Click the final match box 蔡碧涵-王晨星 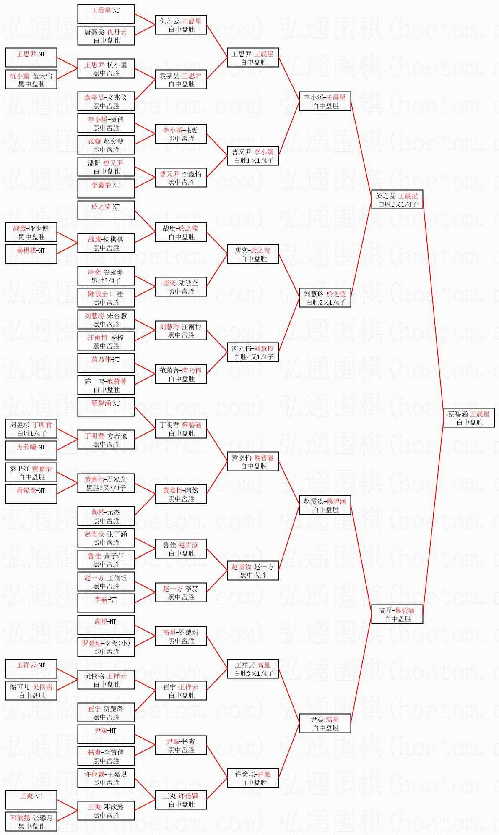coord(469,418)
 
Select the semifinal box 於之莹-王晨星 coord(397,199)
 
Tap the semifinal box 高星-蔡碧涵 coord(397,614)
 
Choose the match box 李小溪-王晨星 coord(325,101)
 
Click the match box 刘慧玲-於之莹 coord(325,298)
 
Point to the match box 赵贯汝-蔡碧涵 coord(325,505)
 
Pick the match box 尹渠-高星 coord(325,723)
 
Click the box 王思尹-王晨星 coord(253,58)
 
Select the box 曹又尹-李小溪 coord(253,156)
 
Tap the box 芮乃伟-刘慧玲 coord(253,352)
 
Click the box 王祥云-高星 coord(253,669)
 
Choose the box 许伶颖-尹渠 coord(253,778)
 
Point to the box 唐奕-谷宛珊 coord(106,276)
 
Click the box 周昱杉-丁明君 coord(31,429)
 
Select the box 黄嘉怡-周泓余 coord(106,483)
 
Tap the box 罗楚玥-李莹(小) coord(106,647)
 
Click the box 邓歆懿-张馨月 coord(31,822)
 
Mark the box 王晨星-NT coord(106,14)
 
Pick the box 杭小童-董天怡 coord(31,79)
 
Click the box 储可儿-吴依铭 coord(31,691)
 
